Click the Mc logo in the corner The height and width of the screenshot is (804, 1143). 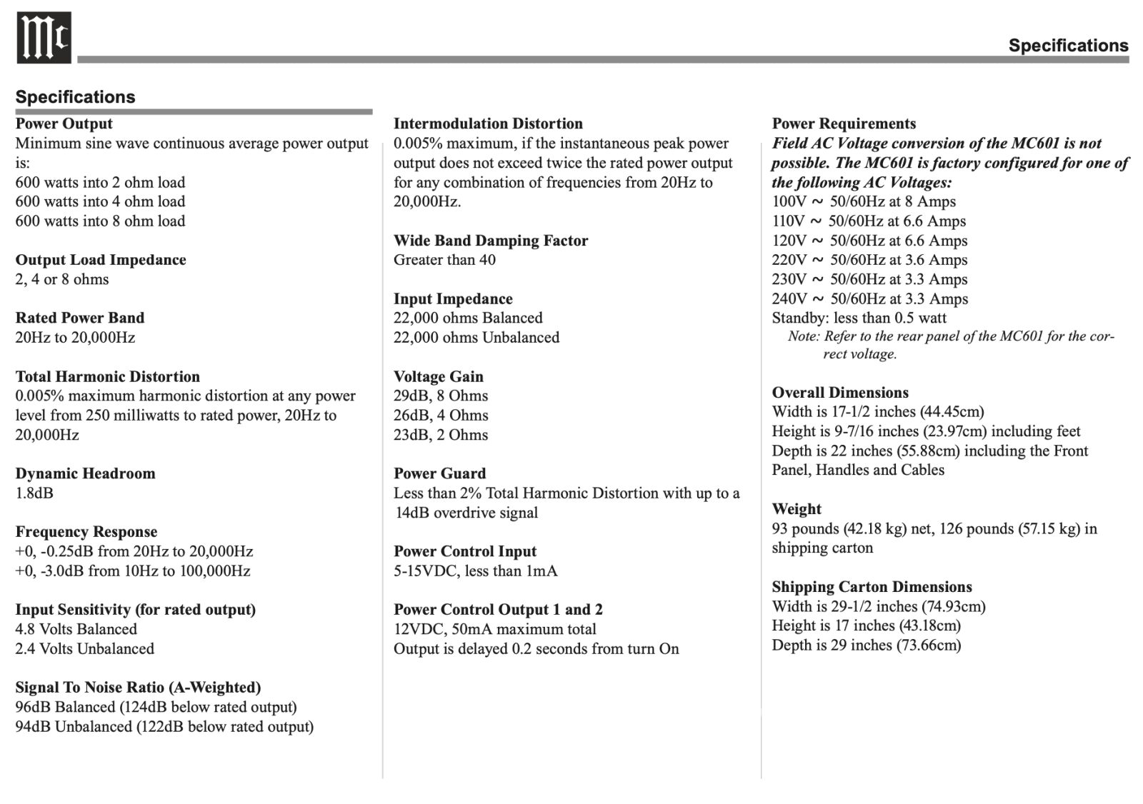[44, 38]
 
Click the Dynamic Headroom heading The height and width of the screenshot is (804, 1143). [85, 473]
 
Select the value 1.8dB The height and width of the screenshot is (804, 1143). [34, 493]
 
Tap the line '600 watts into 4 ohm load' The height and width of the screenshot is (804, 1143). [100, 201]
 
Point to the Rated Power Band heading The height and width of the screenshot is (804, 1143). [80, 318]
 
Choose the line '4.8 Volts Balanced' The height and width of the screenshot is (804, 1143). [76, 629]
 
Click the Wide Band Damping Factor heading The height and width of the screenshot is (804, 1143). [491, 241]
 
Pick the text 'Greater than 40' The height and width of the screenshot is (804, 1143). [444, 260]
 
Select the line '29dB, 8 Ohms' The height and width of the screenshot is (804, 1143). [441, 396]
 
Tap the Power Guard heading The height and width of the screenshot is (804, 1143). [439, 473]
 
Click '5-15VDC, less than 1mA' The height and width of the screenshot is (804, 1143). [475, 571]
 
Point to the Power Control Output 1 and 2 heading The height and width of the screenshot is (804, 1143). [498, 610]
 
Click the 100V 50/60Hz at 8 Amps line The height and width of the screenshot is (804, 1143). [864, 201]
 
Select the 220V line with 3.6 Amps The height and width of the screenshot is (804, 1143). [869, 260]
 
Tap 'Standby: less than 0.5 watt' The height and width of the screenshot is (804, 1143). [859, 318]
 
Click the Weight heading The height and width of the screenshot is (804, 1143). [797, 509]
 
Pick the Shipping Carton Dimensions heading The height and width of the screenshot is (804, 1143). [872, 587]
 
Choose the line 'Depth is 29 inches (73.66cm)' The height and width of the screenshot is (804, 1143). [866, 645]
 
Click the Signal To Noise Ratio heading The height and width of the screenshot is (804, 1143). [138, 688]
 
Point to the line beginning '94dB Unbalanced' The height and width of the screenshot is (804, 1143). [164, 726]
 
